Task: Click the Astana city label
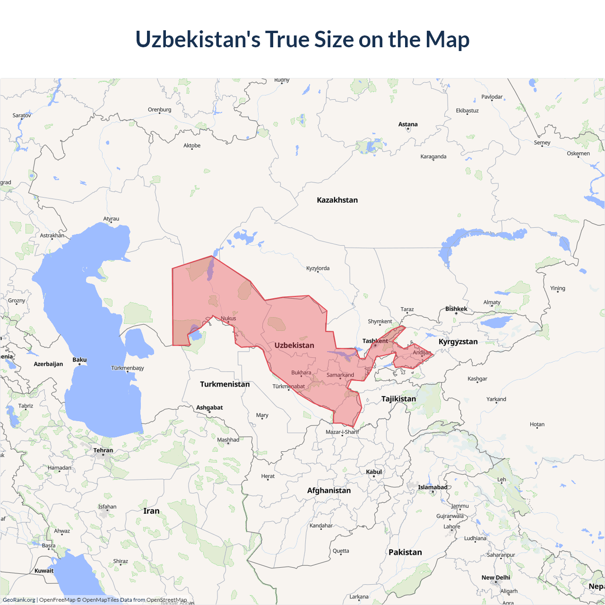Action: [408, 124]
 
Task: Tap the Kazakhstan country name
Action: [337, 200]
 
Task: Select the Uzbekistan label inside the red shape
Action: [294, 345]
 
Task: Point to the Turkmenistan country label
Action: [225, 384]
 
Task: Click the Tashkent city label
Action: [375, 341]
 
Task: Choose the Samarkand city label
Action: [340, 375]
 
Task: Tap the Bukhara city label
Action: [301, 372]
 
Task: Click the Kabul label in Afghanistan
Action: [373, 472]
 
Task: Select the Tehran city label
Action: [103, 450]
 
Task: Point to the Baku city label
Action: [79, 360]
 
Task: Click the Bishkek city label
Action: [456, 309]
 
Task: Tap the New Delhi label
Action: [496, 577]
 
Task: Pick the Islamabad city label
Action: [432, 487]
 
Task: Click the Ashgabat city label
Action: [209, 407]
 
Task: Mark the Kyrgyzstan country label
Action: [458, 341]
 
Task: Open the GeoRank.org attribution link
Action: [19, 600]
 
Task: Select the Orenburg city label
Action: [159, 110]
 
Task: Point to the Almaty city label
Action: [492, 302]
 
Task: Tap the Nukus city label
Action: [228, 318]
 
